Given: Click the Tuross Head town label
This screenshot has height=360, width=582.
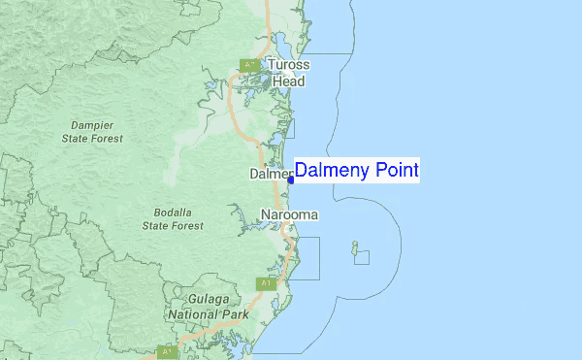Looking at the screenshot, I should [x=289, y=74].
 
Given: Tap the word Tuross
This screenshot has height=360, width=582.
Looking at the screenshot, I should [x=289, y=66].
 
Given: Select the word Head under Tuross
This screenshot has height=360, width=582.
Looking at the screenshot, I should [x=288, y=82].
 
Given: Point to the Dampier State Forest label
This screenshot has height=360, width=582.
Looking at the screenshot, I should [x=92, y=132].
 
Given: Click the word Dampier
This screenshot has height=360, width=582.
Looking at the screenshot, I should [x=92, y=125].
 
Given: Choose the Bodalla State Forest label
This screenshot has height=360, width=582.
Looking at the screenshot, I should [x=173, y=219].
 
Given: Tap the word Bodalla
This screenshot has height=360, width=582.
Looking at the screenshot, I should [x=174, y=213].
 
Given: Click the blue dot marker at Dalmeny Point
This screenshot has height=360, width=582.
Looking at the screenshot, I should [x=291, y=180].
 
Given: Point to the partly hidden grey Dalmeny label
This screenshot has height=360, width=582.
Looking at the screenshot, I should [x=270, y=175].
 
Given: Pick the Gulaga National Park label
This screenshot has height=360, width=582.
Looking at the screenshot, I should [x=208, y=308].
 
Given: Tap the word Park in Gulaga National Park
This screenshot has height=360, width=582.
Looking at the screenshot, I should [x=235, y=315].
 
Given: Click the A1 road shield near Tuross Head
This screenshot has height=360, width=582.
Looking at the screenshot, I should [x=249, y=65].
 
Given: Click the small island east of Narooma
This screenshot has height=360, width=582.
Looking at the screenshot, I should [x=355, y=245].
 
